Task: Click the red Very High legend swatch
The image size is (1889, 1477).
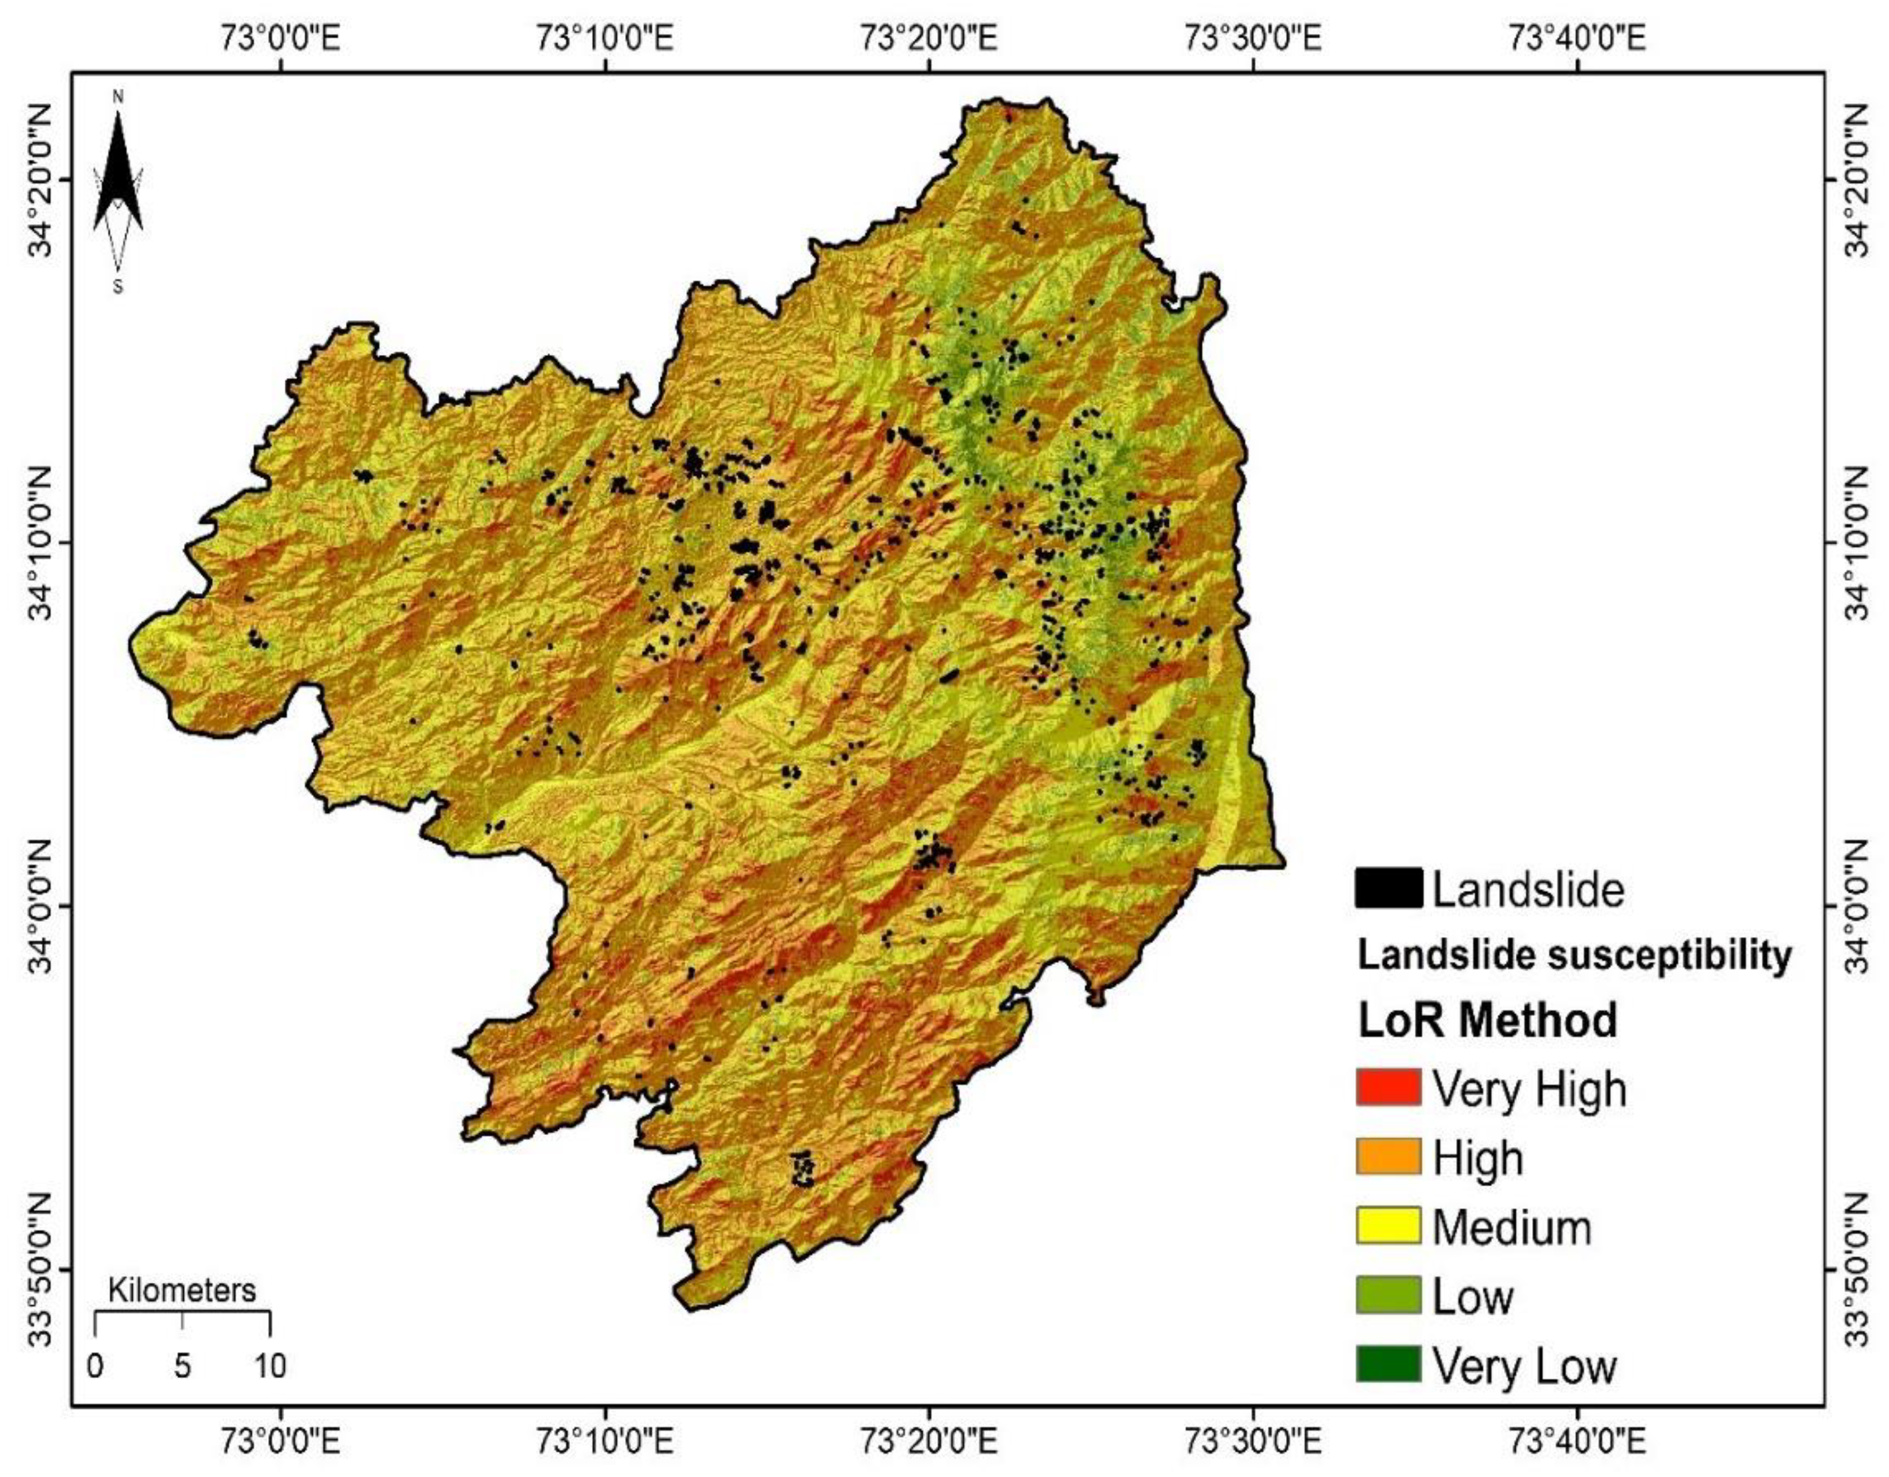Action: (1387, 1087)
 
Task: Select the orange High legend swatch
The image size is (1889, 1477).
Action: (1387, 1156)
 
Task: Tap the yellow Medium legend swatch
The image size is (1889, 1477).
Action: (1387, 1225)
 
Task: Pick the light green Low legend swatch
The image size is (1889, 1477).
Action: (1387, 1294)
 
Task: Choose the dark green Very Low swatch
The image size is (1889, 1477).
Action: (1387, 1364)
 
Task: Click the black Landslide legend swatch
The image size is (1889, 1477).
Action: (1388, 888)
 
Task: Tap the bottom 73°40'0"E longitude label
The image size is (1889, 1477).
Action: (1577, 1442)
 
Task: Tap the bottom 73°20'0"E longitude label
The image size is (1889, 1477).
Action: (929, 1442)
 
